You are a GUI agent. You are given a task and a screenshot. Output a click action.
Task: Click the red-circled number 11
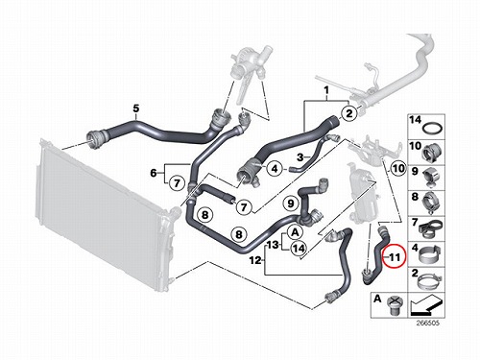tap(396, 256)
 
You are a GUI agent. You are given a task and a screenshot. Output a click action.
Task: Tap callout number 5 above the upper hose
tap(136, 108)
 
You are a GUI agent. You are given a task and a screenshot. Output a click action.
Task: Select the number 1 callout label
tap(326, 91)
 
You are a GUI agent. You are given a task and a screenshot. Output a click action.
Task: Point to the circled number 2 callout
tap(349, 113)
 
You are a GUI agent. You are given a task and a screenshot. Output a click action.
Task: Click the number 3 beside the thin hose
tap(300, 157)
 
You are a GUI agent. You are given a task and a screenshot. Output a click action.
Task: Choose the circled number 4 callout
tap(275, 168)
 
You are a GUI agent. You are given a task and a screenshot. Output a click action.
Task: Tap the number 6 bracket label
tap(154, 173)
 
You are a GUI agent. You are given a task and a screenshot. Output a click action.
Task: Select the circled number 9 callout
tap(291, 204)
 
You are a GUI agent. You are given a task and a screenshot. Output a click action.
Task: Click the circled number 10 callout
tap(398, 168)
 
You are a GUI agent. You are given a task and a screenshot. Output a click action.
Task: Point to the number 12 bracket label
tap(255, 260)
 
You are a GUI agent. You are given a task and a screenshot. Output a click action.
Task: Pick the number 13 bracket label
tap(273, 245)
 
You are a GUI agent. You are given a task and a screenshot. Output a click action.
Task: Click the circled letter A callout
tap(295, 232)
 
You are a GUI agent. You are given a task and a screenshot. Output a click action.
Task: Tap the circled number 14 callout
tap(299, 249)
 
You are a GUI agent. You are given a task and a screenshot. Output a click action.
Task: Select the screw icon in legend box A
tap(395, 306)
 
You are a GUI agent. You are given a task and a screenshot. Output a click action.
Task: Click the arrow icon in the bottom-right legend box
tap(426, 304)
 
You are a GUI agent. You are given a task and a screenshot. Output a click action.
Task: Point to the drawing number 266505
tap(428, 323)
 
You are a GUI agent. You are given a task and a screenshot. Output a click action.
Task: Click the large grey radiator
tap(103, 214)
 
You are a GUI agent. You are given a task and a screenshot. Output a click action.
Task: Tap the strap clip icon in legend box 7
tap(430, 228)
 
